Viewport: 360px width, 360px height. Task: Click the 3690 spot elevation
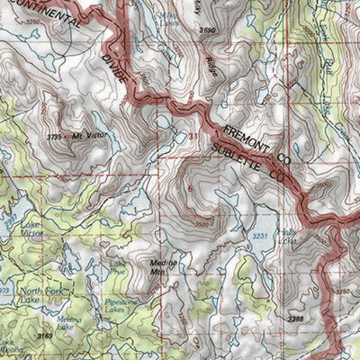coord(209,31)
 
